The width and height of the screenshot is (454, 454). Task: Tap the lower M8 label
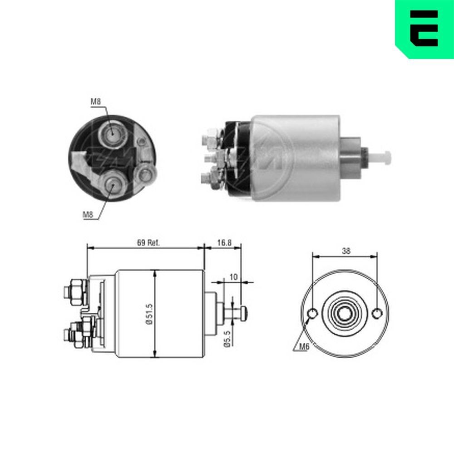pyautogui.click(x=89, y=214)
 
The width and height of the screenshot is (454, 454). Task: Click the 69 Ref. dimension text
pyautogui.click(x=148, y=243)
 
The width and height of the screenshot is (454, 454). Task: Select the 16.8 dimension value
pyautogui.click(x=224, y=243)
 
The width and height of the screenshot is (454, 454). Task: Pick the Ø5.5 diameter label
pyautogui.click(x=227, y=338)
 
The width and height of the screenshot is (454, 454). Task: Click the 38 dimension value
pyautogui.click(x=346, y=251)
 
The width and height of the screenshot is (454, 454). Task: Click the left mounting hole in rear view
pyautogui.click(x=313, y=314)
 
